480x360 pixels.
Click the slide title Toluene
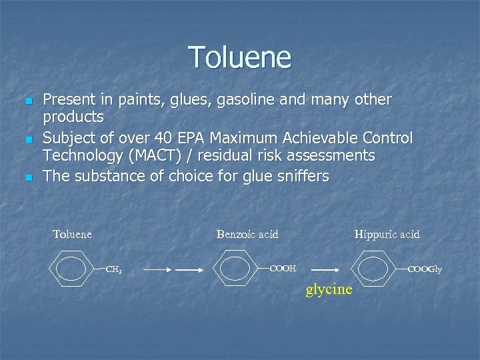point(240,57)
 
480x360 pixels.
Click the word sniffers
point(298,176)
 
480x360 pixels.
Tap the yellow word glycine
point(329,290)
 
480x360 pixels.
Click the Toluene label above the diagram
point(72,234)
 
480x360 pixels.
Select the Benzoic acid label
point(247,234)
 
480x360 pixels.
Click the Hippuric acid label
point(387,234)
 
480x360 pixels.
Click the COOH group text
point(283,269)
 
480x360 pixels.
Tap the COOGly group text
point(425,269)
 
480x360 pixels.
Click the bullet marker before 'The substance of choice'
point(27,177)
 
